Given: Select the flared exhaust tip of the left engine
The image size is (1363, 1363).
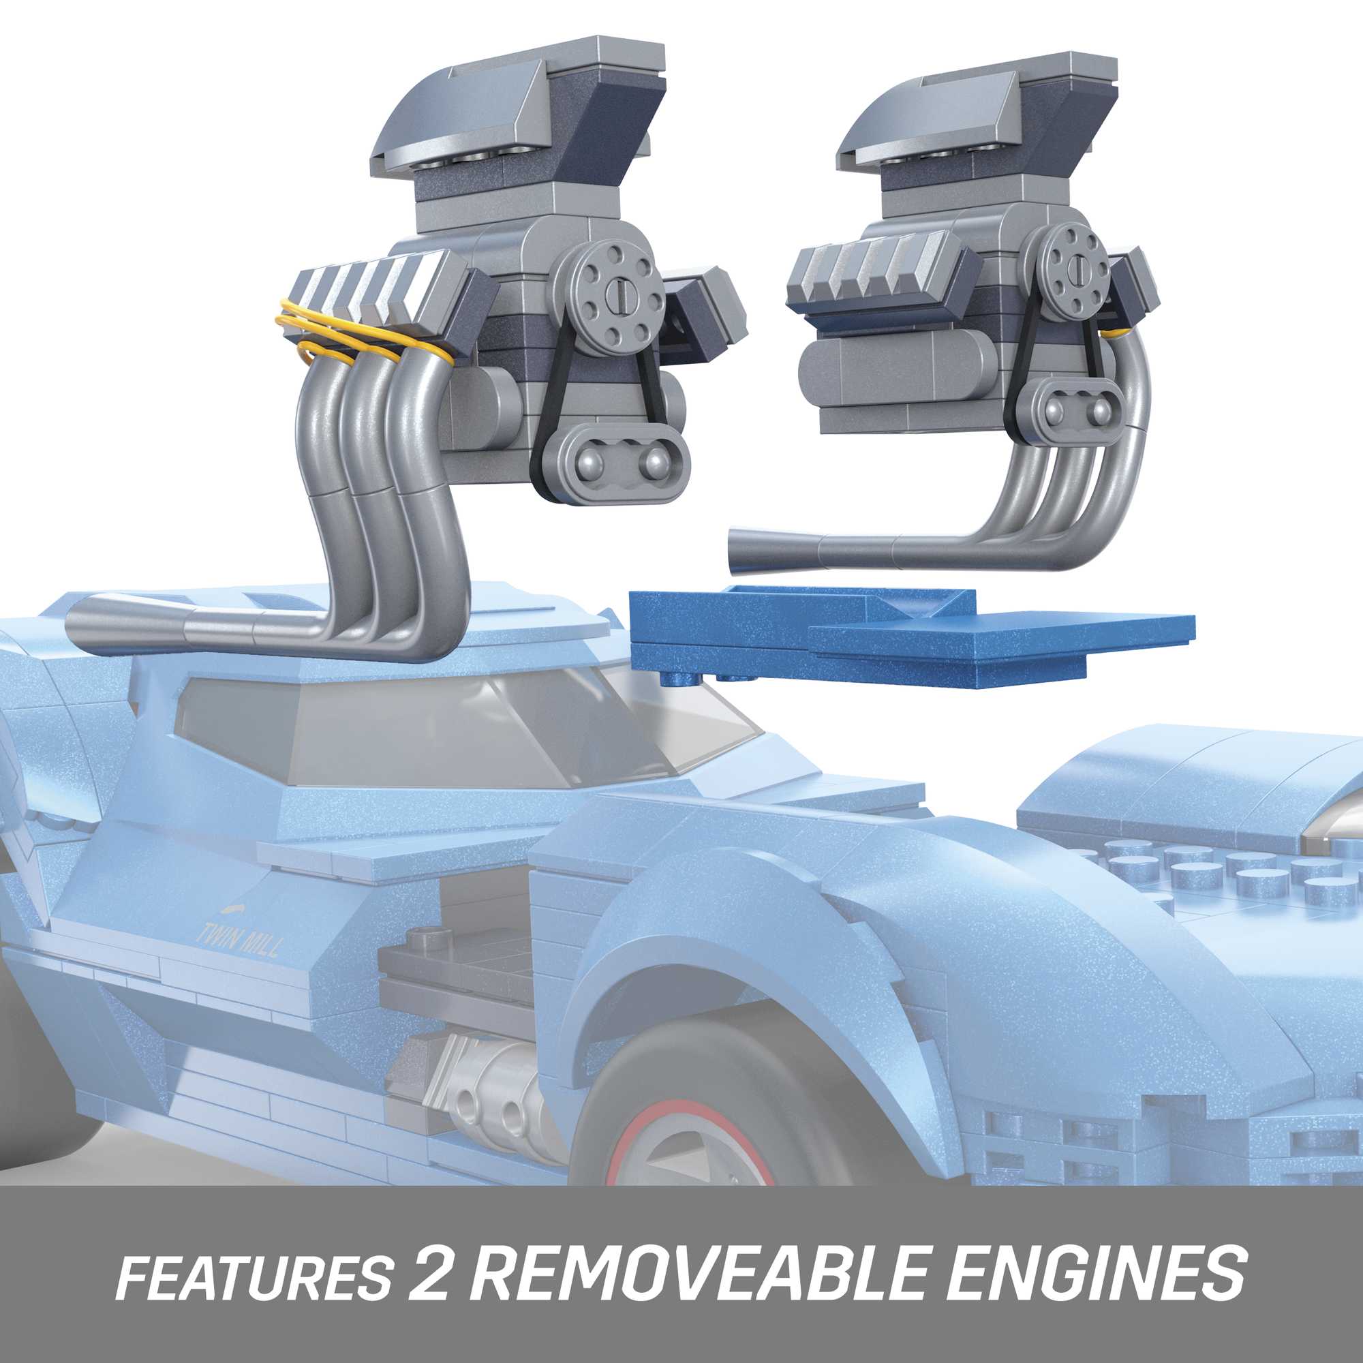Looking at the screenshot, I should click(x=106, y=621).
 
